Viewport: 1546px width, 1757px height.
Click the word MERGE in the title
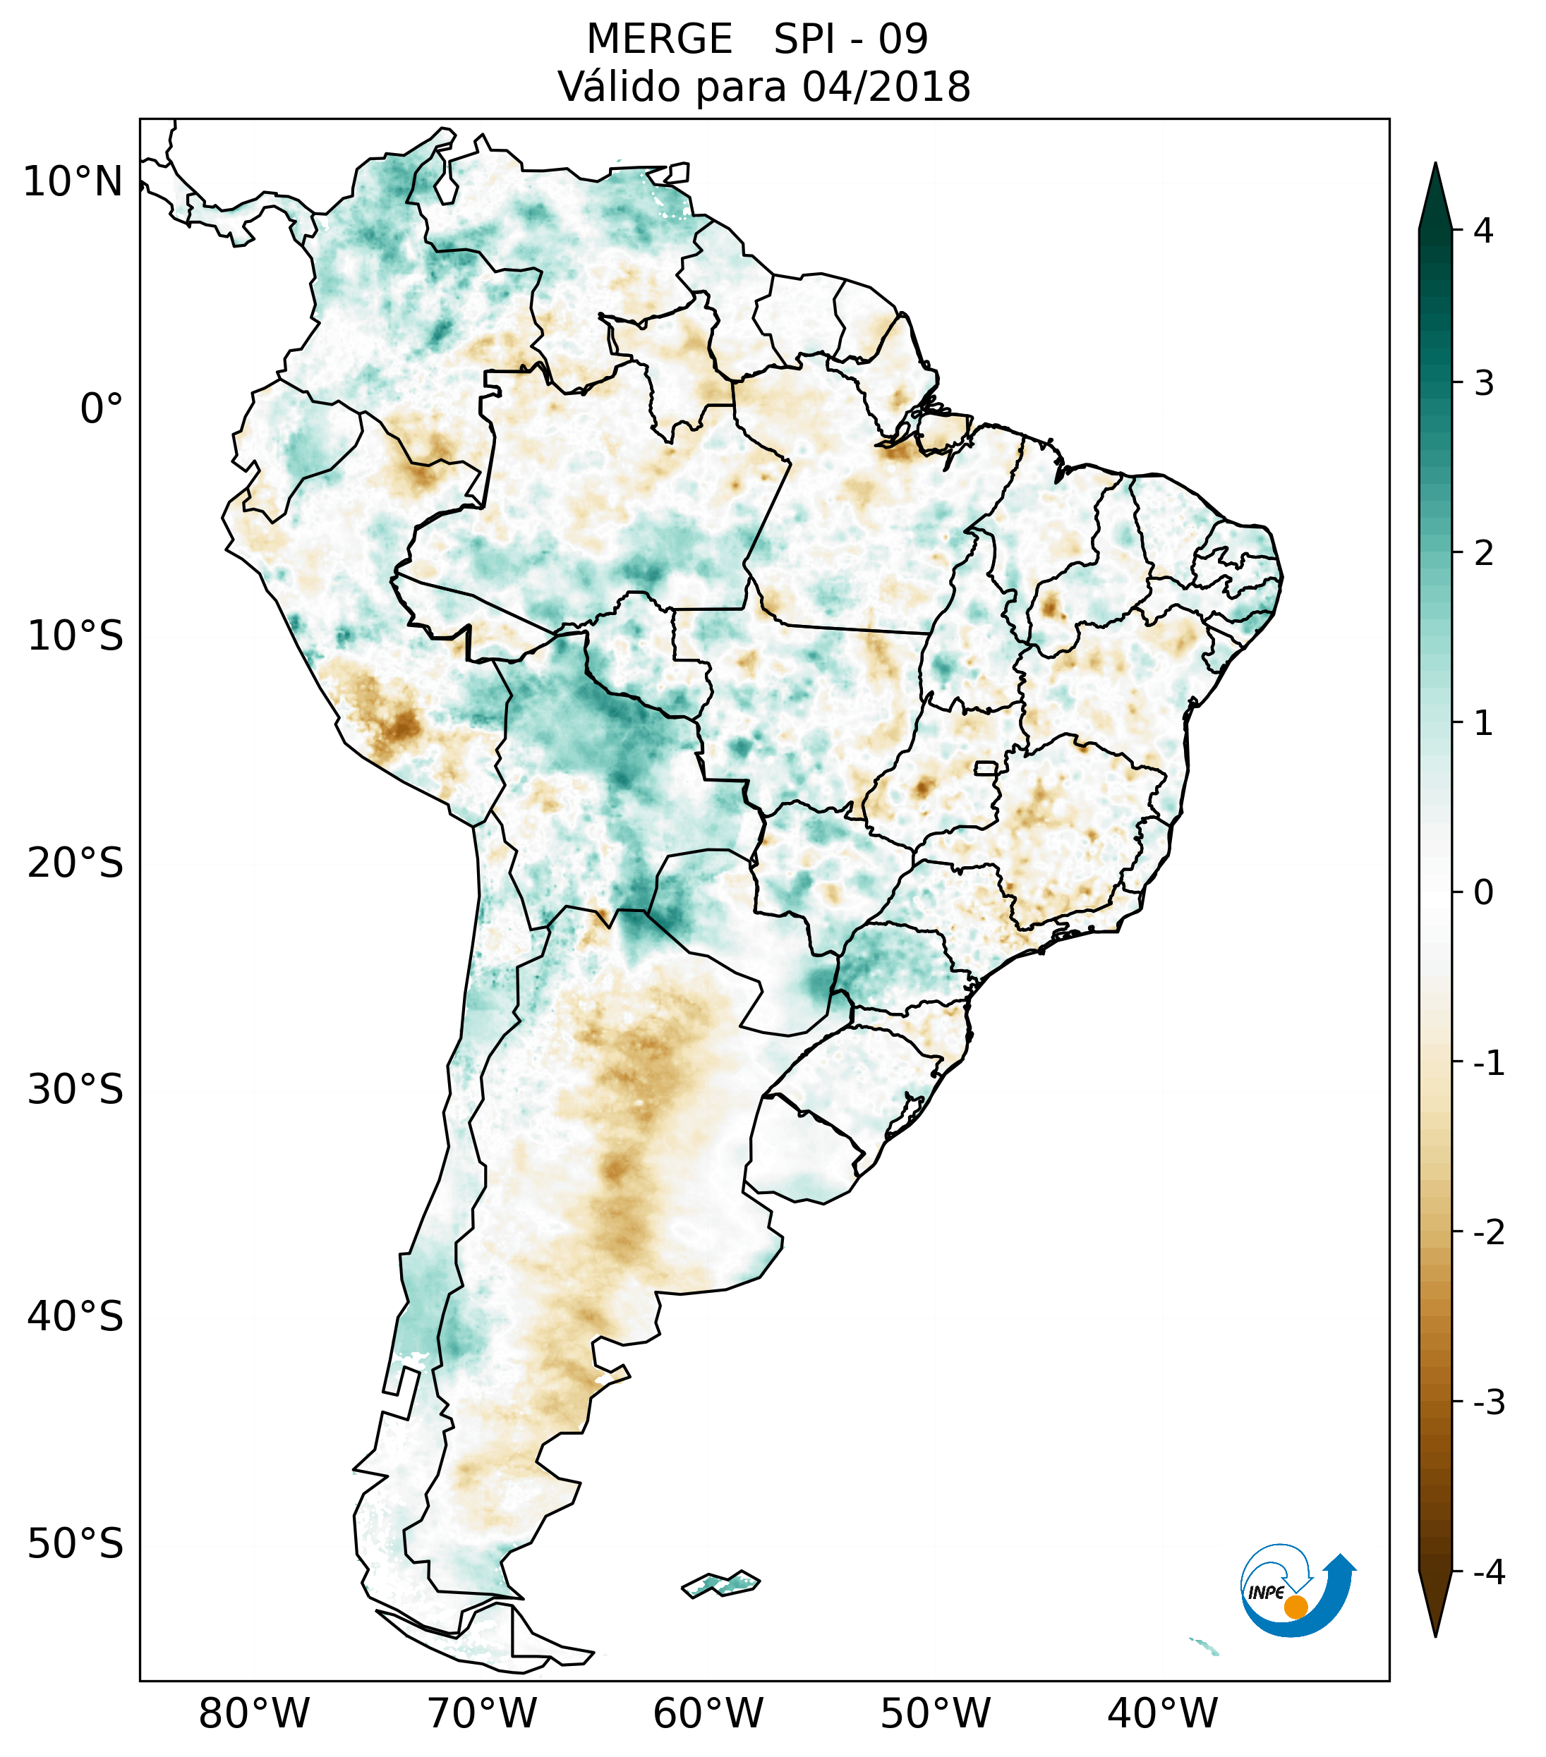pos(660,39)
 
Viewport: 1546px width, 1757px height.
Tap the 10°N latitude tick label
pos(73,182)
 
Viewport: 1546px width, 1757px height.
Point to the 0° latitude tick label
pos(102,409)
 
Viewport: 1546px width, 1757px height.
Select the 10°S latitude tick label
pos(76,637)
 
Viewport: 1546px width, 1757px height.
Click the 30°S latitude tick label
pos(76,1091)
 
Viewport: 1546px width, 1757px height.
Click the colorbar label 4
pos(1483,231)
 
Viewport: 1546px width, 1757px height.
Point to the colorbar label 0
pos(1483,893)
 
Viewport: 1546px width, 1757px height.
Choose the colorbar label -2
pos(1488,1233)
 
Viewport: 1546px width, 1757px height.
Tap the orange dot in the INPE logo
pos(1296,1607)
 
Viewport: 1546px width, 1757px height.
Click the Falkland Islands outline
pos(720,1583)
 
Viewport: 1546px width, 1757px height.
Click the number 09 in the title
pos(903,39)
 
